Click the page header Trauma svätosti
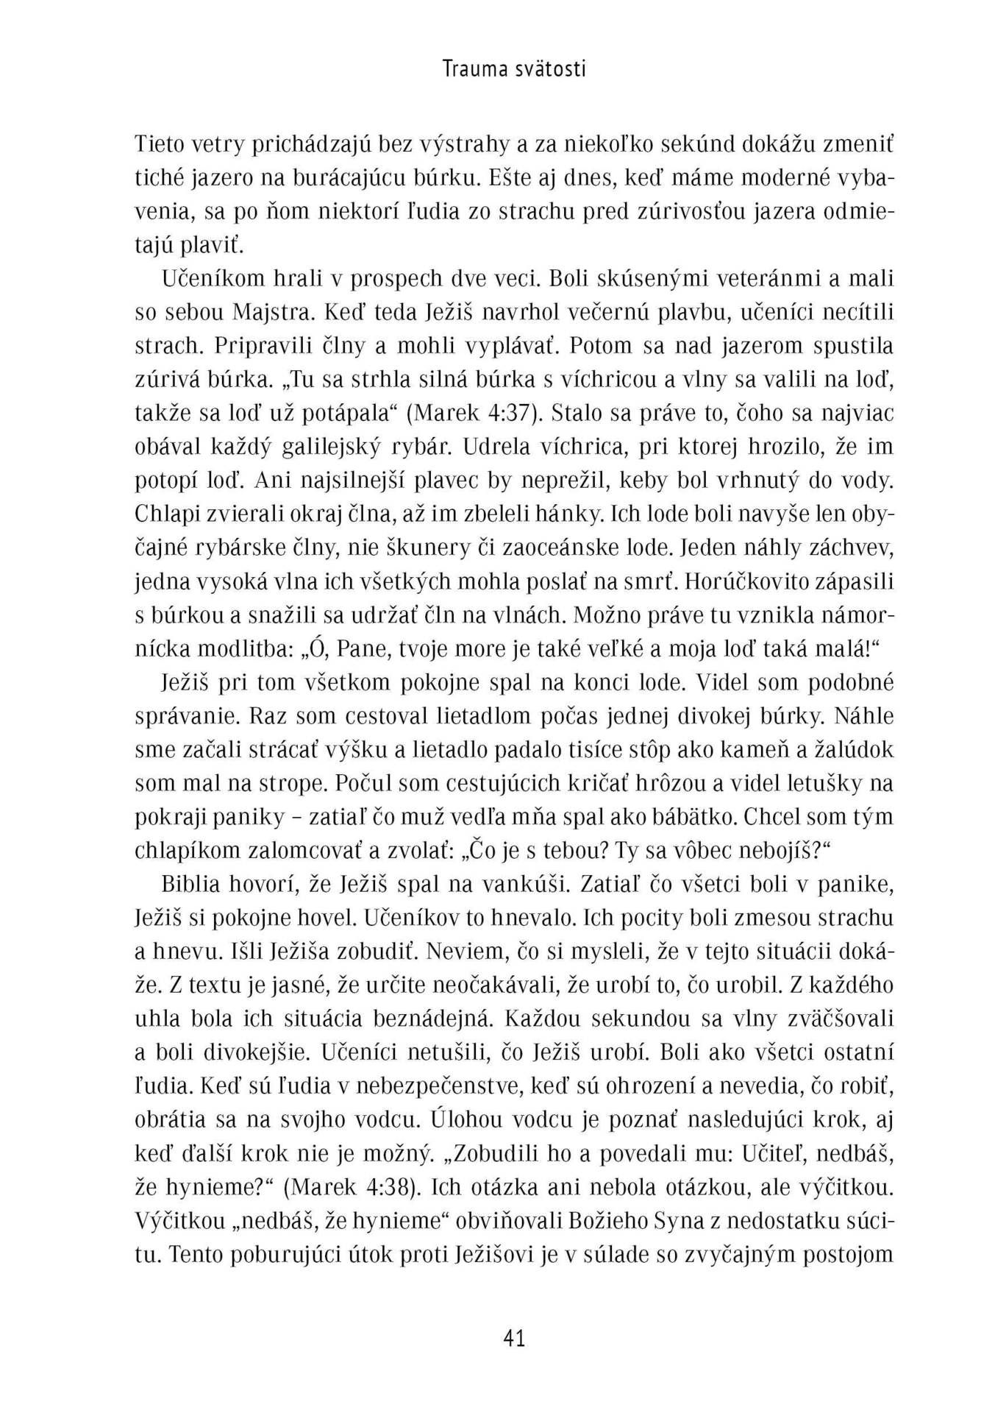[x=514, y=69]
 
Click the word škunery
[x=490, y=548]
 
